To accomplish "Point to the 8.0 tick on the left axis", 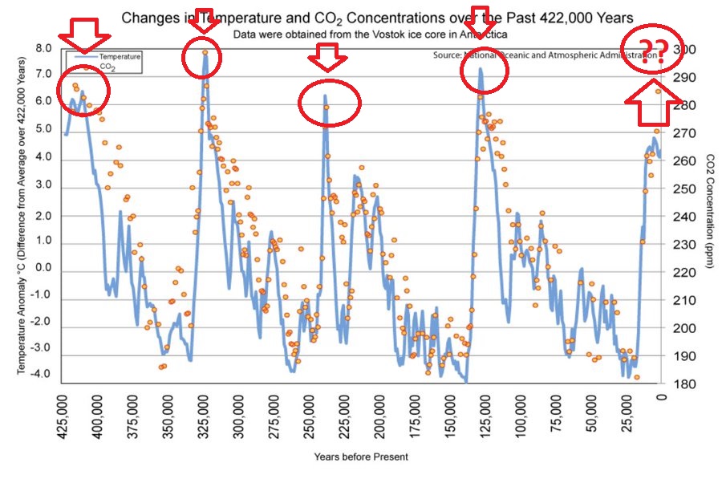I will (43, 49).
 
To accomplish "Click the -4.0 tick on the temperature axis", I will (42, 374).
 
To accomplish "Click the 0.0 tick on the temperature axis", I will (43, 268).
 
